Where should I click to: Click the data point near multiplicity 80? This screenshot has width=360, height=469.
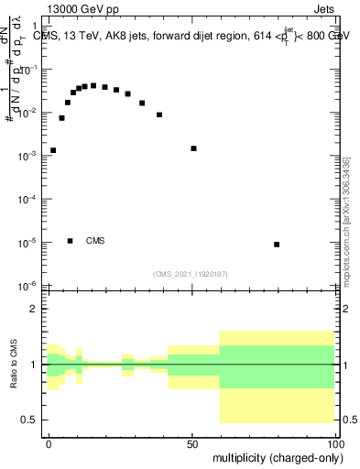tap(277, 245)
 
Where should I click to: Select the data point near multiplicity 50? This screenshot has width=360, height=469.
tap(193, 148)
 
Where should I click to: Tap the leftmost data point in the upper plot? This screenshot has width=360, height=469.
tap(53, 150)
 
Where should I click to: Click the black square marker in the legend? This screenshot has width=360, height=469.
tap(71, 241)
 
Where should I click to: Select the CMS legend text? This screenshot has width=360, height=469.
tap(95, 241)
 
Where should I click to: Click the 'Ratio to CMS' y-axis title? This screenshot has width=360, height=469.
tap(15, 365)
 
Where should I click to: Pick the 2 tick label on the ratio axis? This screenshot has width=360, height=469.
tap(37, 310)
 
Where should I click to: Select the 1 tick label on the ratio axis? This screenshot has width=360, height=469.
tap(37, 365)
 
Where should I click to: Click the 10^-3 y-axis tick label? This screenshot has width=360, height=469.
tap(28, 156)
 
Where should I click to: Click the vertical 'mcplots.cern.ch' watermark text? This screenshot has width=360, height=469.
tap(345, 220)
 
